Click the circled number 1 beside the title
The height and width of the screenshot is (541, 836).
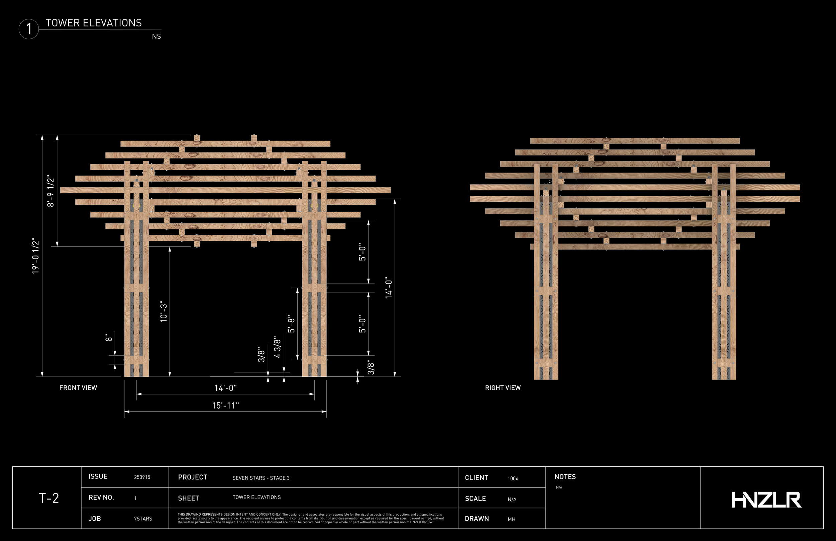tap(29, 29)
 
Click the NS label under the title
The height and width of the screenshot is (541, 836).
tap(156, 36)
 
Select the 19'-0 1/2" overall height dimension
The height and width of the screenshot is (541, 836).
tap(36, 256)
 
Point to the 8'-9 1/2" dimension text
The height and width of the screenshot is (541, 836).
tap(51, 191)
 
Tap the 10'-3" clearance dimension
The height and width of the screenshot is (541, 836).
tap(164, 311)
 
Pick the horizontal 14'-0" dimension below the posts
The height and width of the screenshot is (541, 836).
tap(225, 388)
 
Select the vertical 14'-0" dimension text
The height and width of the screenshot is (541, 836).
tap(389, 288)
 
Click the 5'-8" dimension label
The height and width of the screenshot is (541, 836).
tap(292, 324)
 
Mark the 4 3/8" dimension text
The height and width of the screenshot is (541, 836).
tap(278, 347)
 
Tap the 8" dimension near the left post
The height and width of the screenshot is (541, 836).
tap(109, 338)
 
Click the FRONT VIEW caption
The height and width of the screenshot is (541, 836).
tap(78, 388)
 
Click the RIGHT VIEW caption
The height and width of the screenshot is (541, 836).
tap(503, 388)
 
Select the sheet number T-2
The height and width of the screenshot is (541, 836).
tap(48, 498)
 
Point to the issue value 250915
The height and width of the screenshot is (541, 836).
tap(142, 477)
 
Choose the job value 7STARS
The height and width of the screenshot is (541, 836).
tap(143, 519)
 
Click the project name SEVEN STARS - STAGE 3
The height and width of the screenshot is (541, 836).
tap(261, 478)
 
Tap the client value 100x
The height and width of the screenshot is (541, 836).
tap(513, 478)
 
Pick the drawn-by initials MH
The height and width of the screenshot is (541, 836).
tap(511, 519)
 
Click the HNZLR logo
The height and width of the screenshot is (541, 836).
tap(766, 500)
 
